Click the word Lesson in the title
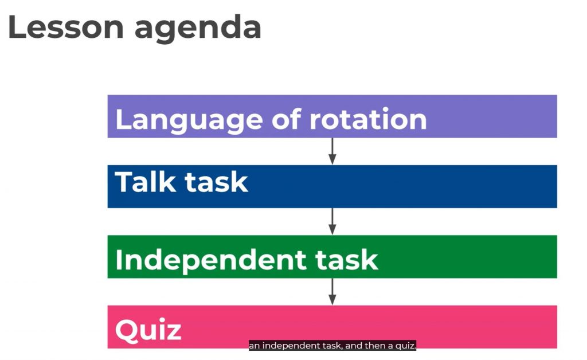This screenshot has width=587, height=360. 65,27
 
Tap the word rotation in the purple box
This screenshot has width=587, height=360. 368,119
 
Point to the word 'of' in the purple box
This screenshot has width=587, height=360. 286,119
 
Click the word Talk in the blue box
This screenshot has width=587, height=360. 145,182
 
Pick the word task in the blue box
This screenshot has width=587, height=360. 216,182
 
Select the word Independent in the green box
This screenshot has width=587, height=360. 211,260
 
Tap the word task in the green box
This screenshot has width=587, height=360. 347,260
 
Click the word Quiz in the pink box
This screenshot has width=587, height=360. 148,330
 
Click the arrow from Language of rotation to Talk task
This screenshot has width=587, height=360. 332,151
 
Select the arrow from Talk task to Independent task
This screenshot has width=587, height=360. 332,221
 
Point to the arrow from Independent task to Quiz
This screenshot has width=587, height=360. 332,292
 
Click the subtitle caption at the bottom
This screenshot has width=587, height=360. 332,346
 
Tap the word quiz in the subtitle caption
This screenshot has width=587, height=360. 405,346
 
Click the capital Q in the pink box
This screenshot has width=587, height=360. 127,330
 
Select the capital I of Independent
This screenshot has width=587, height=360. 119,259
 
